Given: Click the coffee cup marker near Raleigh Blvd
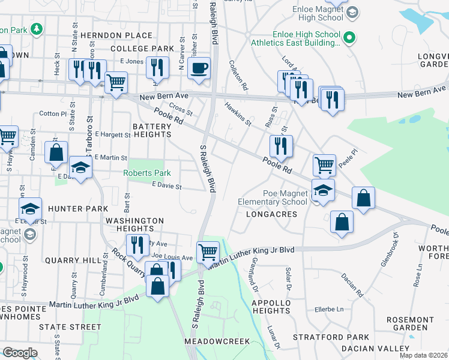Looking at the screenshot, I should pos(199,68).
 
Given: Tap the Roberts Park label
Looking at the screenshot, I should pos(147,173).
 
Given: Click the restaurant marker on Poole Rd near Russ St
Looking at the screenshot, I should pos(281,146).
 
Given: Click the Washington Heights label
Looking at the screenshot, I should pos(134,224).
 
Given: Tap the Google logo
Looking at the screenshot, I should pos(20,353).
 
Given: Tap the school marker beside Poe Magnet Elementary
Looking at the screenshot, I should pos(323,191).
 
